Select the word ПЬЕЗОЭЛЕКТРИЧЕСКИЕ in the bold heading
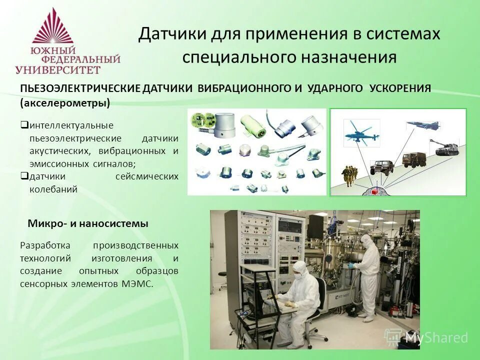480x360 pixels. click(x=80, y=88)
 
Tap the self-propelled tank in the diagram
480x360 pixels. click(x=446, y=147)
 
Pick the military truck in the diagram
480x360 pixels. click(x=414, y=159)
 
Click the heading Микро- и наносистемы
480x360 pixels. click(x=88, y=224)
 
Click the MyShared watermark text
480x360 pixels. click(x=436, y=337)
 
